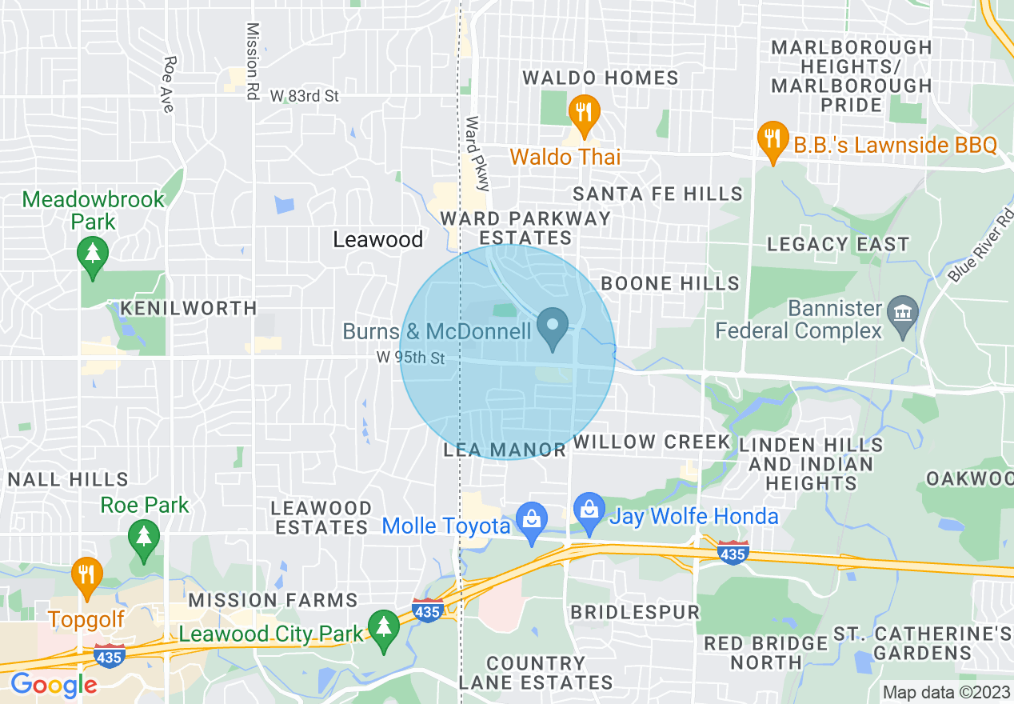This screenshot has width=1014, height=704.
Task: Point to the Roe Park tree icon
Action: click(x=143, y=540)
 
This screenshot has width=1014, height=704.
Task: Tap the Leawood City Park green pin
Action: click(x=384, y=630)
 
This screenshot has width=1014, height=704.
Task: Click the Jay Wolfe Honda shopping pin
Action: click(x=589, y=513)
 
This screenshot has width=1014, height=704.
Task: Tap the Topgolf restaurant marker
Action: click(x=86, y=578)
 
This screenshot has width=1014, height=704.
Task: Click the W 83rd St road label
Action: click(x=305, y=96)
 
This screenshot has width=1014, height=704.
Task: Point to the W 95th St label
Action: click(x=410, y=358)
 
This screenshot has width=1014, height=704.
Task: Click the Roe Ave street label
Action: click(x=168, y=84)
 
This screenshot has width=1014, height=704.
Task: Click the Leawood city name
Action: click(x=377, y=239)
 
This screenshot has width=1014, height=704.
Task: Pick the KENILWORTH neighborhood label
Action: click(x=189, y=308)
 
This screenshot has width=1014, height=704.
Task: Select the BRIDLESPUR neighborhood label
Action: click(x=635, y=612)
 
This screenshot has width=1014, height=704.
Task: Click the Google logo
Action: click(x=54, y=685)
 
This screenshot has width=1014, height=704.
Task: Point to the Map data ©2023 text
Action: click(x=945, y=692)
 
